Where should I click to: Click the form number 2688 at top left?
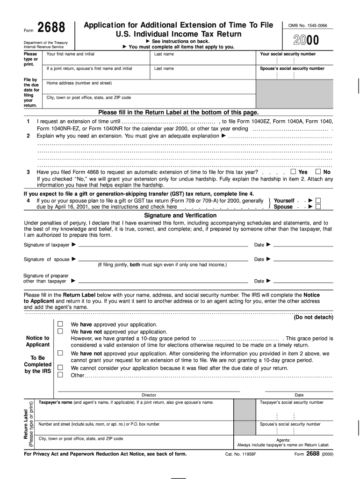click(51, 29)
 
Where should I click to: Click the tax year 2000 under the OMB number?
click(307, 41)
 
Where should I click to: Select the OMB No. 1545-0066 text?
click(308, 25)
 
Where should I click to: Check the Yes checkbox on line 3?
click(293, 172)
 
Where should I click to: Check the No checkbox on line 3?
click(318, 172)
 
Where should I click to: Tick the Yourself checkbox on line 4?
click(318, 200)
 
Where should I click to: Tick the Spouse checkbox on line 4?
click(318, 206)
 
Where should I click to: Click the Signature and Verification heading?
click(180, 215)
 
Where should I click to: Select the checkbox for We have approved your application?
click(60, 324)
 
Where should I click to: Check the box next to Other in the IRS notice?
click(60, 375)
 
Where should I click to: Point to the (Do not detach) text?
click(313, 317)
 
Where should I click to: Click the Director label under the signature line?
click(149, 395)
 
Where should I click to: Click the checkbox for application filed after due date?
click(60, 368)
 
